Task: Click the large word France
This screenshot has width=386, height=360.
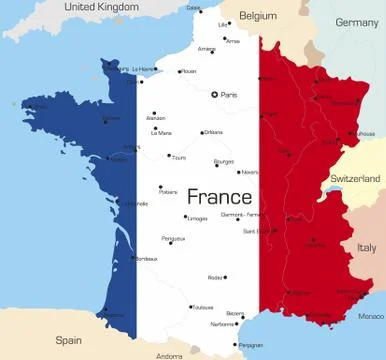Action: tap(219, 196)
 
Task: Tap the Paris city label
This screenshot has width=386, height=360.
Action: tap(230, 94)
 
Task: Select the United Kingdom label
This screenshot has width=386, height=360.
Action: tap(101, 7)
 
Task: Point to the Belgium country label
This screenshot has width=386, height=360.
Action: tap(258, 16)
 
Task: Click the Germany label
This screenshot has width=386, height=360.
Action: tap(356, 22)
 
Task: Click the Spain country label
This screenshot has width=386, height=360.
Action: tap(68, 339)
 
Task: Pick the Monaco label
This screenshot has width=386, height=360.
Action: tap(370, 316)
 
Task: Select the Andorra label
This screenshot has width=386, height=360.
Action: tap(170, 355)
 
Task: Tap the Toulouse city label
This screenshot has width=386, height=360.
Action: tap(204, 308)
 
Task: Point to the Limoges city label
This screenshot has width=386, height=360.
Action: tap(197, 217)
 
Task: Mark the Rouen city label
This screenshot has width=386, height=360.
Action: tap(190, 71)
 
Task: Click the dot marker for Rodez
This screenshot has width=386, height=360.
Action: tap(226, 277)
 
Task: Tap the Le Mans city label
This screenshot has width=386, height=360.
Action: tap(160, 132)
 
